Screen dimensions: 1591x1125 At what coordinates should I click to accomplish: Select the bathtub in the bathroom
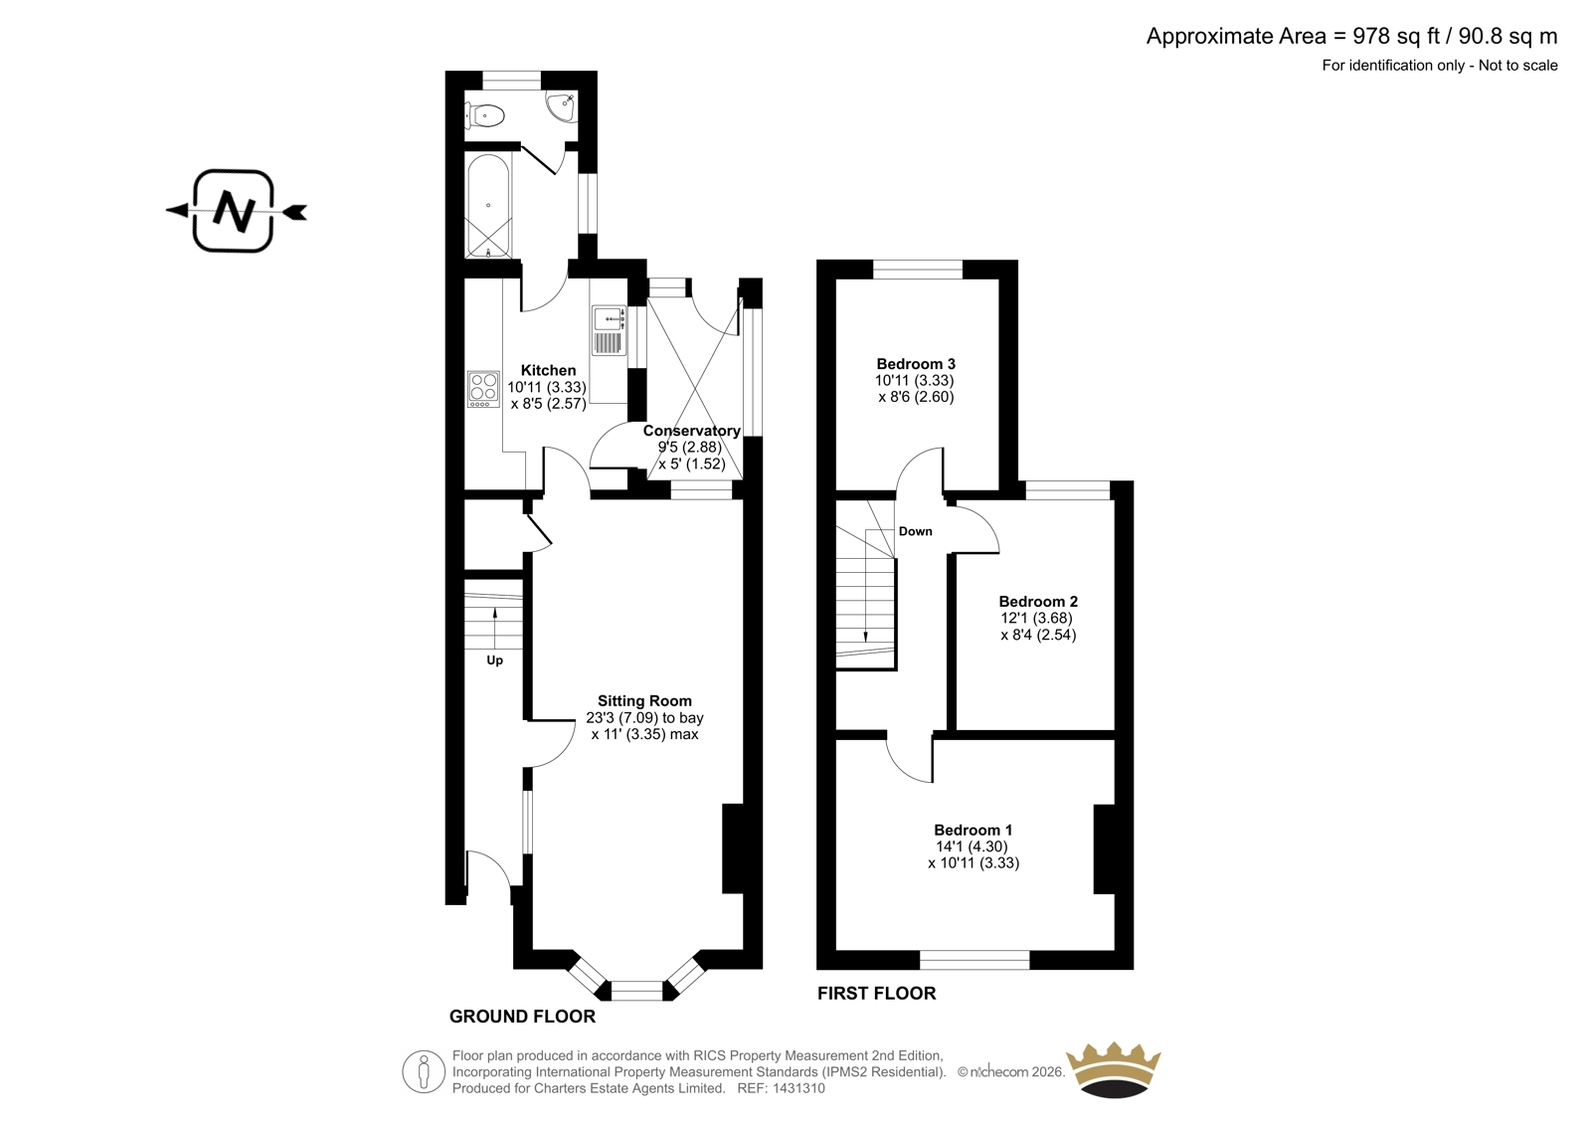click(x=488, y=206)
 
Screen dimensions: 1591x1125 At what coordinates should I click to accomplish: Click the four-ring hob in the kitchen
click(x=483, y=389)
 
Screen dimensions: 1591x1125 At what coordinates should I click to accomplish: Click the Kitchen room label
click(x=548, y=370)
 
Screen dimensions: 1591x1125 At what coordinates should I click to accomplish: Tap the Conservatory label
click(x=692, y=431)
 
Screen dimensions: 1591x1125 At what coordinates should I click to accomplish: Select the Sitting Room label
click(x=644, y=700)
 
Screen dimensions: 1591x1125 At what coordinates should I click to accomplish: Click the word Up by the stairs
click(x=495, y=660)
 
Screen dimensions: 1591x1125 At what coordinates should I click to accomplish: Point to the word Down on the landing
click(x=916, y=531)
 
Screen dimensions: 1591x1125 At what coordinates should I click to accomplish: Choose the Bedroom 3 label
click(x=916, y=364)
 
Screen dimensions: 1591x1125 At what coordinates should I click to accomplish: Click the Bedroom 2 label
click(x=1038, y=601)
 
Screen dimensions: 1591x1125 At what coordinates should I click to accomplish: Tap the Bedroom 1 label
click(x=973, y=830)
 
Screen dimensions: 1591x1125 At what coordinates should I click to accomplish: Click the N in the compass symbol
click(x=235, y=211)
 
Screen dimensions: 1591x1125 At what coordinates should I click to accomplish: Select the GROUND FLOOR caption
click(x=523, y=1017)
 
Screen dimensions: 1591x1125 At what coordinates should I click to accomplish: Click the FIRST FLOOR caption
click(x=876, y=994)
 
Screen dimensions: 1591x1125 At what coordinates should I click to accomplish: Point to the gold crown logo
click(x=1114, y=1069)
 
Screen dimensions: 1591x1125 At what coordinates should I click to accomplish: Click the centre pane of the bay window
click(x=637, y=991)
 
